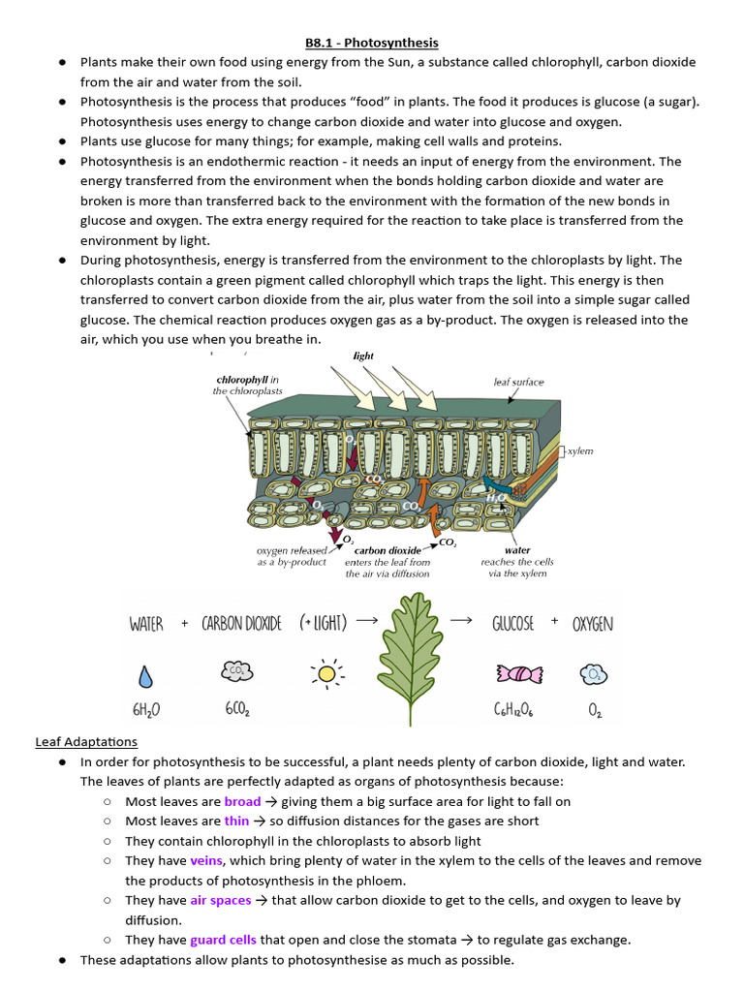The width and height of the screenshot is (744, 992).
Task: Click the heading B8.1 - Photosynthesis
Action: point(372,43)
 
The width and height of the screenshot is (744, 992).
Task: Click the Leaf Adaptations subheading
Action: point(86,742)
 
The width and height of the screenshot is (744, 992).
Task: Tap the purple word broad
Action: point(242,801)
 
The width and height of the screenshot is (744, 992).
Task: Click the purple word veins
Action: point(206,860)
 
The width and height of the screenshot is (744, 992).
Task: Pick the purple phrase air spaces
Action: point(220,900)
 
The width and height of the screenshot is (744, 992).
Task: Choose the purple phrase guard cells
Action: point(223,940)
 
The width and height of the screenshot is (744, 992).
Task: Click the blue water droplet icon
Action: point(145,674)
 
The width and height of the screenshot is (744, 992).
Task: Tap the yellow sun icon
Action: point(327,673)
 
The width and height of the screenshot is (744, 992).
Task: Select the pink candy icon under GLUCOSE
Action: point(512,673)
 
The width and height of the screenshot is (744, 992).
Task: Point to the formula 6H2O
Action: point(145,710)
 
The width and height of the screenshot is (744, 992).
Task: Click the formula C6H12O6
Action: point(512,710)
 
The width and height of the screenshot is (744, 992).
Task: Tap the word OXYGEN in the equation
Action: point(593,624)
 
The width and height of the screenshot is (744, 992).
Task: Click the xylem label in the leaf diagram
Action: point(580,451)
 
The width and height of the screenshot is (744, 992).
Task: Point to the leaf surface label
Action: point(519,382)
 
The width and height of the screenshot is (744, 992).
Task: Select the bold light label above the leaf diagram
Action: point(363,356)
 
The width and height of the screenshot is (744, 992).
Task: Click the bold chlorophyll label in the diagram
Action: point(242,380)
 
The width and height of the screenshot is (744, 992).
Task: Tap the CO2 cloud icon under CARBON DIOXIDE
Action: point(236,671)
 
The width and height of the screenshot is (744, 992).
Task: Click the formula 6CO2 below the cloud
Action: point(236,710)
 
